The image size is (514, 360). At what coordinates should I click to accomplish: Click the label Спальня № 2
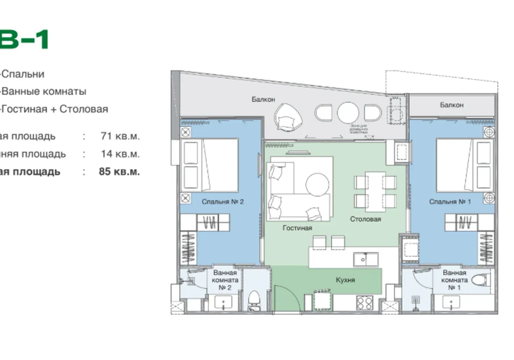point(222,201)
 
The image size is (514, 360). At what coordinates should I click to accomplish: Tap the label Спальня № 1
point(450,201)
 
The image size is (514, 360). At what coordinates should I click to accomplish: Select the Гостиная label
point(297,228)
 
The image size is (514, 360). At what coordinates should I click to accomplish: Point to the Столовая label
point(365,219)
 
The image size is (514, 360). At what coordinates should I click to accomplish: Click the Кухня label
point(345,280)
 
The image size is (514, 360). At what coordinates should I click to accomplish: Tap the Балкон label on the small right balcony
point(451,105)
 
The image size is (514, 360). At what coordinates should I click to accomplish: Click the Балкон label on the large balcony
point(263,99)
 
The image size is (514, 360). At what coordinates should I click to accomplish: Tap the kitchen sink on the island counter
point(365,259)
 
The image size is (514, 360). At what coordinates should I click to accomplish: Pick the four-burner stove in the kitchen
point(365,303)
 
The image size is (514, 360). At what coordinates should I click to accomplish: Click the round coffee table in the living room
point(317,183)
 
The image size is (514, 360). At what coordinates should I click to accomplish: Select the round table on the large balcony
point(348,113)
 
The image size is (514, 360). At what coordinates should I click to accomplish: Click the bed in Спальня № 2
point(210,165)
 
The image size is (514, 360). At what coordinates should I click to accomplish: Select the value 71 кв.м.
point(120,136)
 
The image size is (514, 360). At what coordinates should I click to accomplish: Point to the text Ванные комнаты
point(44,91)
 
